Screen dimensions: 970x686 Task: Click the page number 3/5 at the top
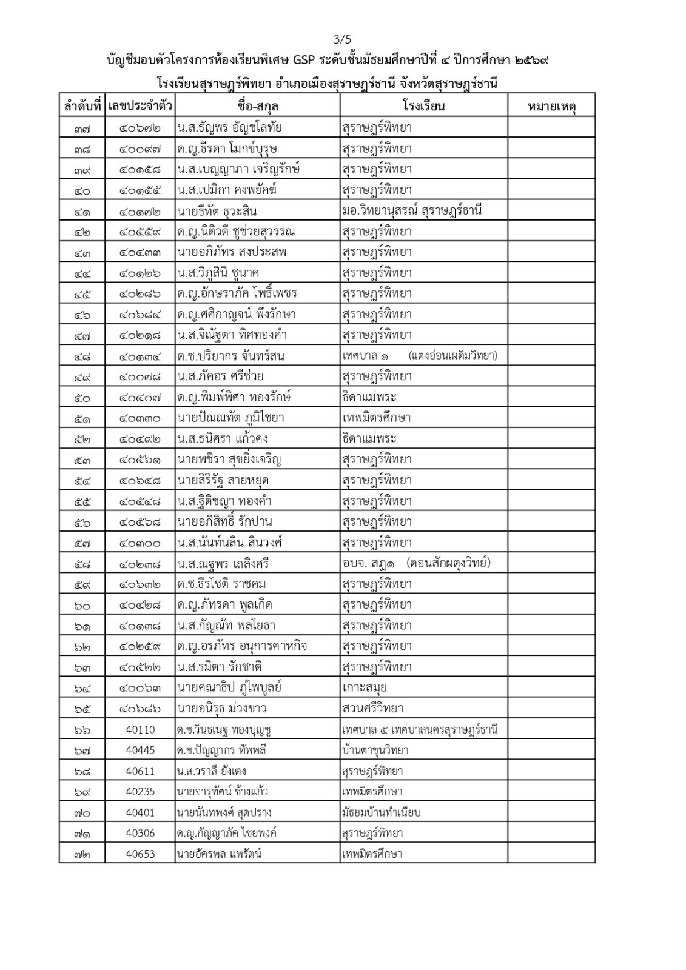pyautogui.click(x=343, y=40)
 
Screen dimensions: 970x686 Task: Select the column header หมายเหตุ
pyautogui.click(x=551, y=107)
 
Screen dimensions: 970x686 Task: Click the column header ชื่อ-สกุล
pyautogui.click(x=258, y=107)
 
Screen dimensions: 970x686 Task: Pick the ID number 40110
pyautogui.click(x=140, y=729)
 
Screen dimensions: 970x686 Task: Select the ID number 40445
pyautogui.click(x=140, y=750)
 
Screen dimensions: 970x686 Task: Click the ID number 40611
pyautogui.click(x=140, y=771)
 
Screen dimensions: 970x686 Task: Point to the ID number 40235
pyautogui.click(x=140, y=792)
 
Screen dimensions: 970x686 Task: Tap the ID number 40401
pyautogui.click(x=140, y=812)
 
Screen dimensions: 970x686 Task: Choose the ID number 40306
pyautogui.click(x=140, y=833)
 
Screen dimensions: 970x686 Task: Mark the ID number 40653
pyautogui.click(x=140, y=854)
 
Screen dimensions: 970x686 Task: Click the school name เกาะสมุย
pyautogui.click(x=365, y=687)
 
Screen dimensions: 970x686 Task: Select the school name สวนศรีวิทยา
pyautogui.click(x=373, y=708)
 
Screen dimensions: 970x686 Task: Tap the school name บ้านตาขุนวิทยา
pyautogui.click(x=375, y=750)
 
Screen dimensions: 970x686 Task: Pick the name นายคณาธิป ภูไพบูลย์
pyautogui.click(x=229, y=687)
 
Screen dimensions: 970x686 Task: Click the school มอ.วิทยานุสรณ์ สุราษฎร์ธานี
pyautogui.click(x=412, y=211)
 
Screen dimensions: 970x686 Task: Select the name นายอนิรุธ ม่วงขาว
pyautogui.click(x=222, y=708)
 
